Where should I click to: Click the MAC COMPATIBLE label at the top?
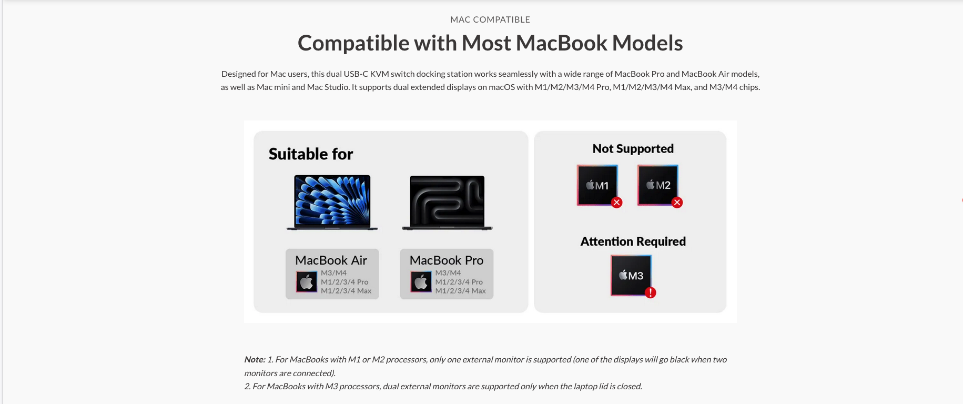[x=490, y=19]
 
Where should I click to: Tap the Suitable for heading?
[x=311, y=154]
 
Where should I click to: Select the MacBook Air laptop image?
[x=332, y=203]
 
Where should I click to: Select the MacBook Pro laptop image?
[x=447, y=203]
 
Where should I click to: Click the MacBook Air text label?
[x=331, y=260]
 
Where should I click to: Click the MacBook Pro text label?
[x=447, y=260]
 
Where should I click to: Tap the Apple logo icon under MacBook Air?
[x=307, y=282]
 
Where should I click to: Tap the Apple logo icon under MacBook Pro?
[x=421, y=282]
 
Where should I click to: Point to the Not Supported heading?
[x=633, y=148]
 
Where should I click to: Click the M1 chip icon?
[x=597, y=185]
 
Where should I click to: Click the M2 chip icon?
[x=658, y=185]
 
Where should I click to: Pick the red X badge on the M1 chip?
[x=617, y=203]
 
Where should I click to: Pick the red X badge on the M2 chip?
[x=677, y=203]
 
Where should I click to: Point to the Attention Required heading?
[x=633, y=241]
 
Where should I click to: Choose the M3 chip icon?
[x=631, y=276]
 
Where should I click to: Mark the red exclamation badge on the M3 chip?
[x=651, y=293]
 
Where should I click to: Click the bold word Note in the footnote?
[x=255, y=360]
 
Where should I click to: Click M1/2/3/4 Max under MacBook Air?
[x=346, y=291]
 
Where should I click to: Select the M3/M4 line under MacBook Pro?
[x=448, y=273]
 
